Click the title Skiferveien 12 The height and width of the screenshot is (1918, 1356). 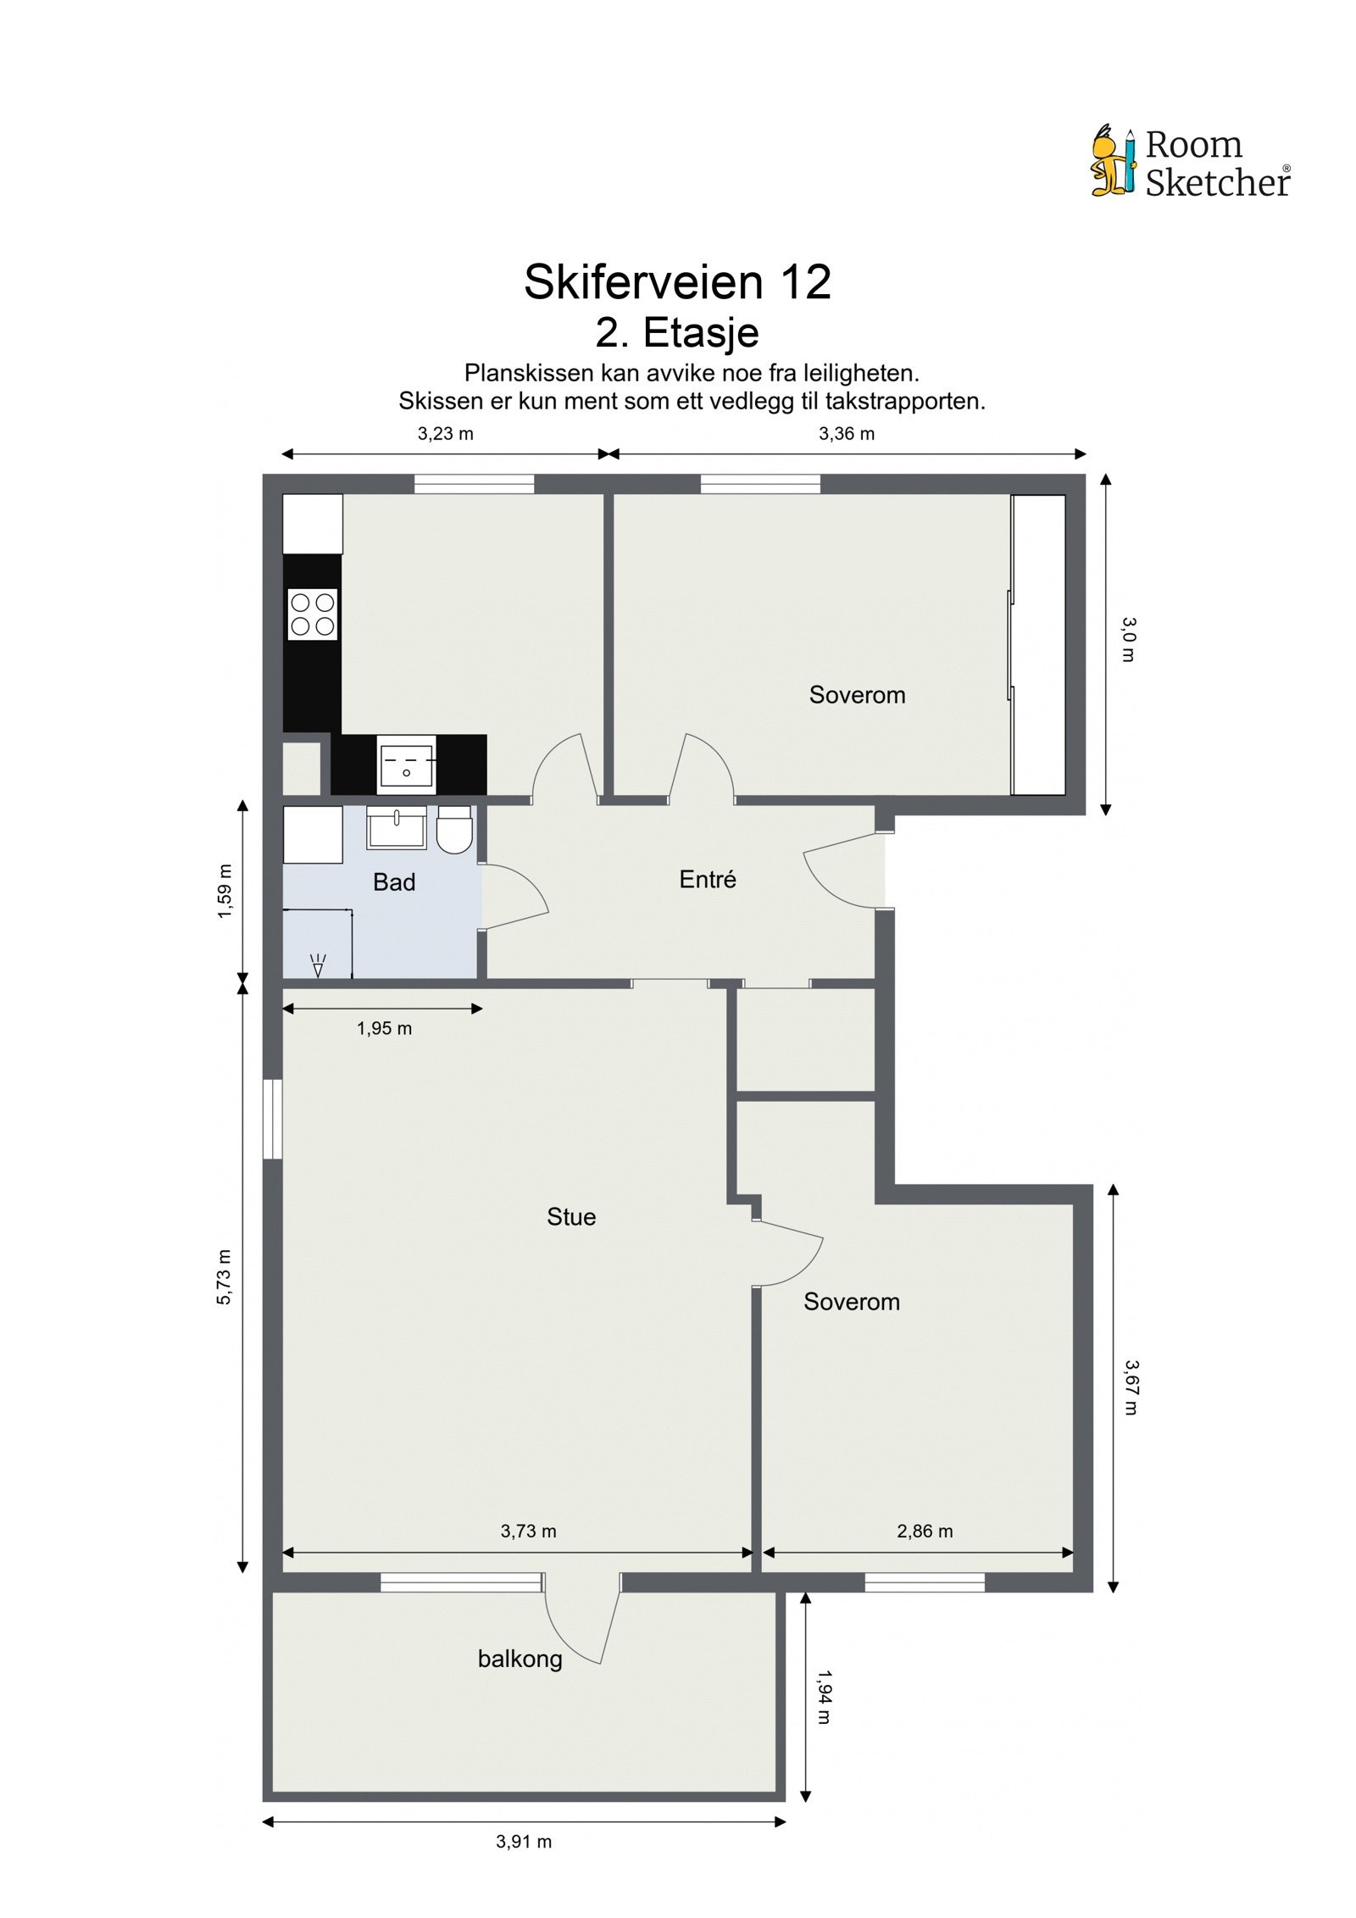coord(677,282)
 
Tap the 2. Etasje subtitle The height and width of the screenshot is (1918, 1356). coord(676,332)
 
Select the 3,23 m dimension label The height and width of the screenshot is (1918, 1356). coord(445,434)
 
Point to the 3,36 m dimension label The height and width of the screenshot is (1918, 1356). coord(846,434)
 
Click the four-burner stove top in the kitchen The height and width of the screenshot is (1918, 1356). coord(313,614)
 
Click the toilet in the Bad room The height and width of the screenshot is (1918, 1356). coord(454,830)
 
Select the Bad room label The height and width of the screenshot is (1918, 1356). coord(394,882)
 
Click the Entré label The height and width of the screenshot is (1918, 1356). coord(708,880)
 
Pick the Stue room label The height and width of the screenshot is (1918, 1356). coord(571,1217)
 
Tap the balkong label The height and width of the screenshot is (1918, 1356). coord(520,1659)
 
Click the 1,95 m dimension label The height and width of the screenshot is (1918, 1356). coord(384,1029)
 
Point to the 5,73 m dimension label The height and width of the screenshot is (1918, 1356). coord(224,1276)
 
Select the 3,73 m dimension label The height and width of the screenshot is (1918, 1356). coord(528,1531)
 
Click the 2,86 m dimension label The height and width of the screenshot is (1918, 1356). coord(925,1531)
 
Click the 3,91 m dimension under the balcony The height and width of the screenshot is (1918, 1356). coord(524,1841)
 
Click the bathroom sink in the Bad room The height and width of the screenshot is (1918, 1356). coord(396,828)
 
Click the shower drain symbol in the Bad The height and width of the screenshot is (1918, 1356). coord(319,965)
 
